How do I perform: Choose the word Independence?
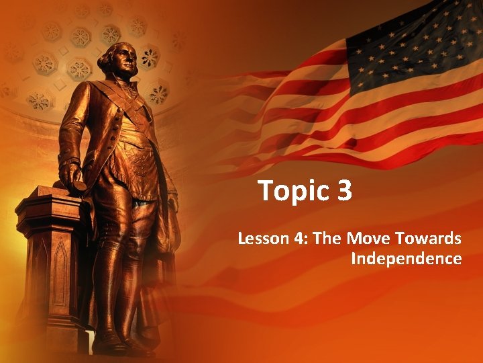tap(406, 259)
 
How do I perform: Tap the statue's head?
tap(119, 65)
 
